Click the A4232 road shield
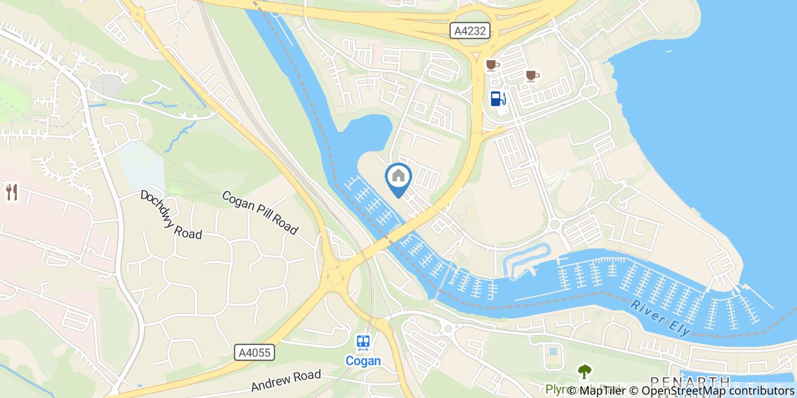pyautogui.click(x=471, y=31)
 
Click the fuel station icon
pyautogui.click(x=498, y=98)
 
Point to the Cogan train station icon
pyautogui.click(x=363, y=342)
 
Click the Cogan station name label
pyautogui.click(x=363, y=360)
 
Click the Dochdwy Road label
pyautogui.click(x=171, y=214)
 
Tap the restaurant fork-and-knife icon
pyautogui.click(x=11, y=192)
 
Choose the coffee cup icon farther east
pyautogui.click(x=532, y=76)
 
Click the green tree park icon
pyautogui.click(x=584, y=372)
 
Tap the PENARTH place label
pyautogui.click(x=691, y=382)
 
